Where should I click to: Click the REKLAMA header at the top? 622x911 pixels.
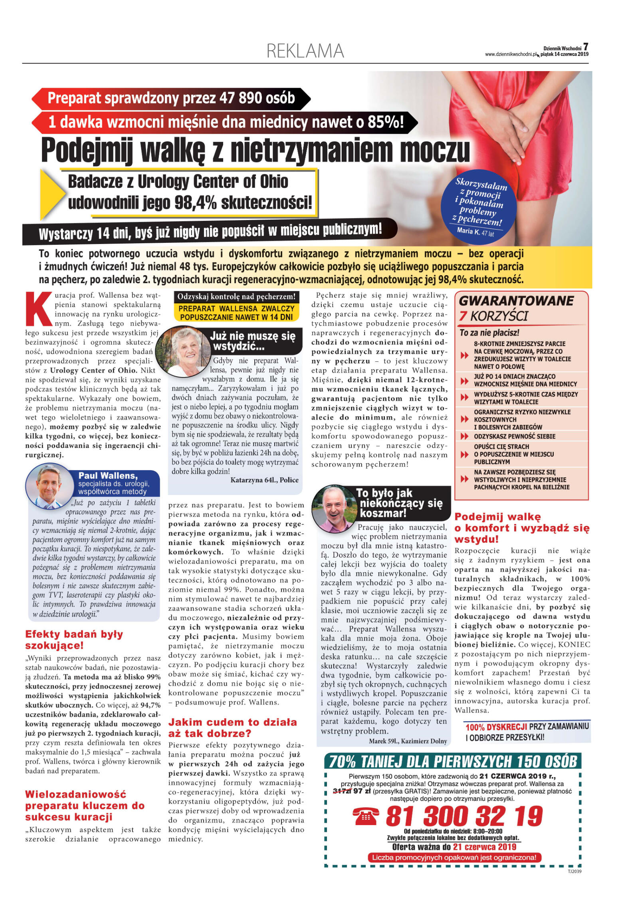(305, 51)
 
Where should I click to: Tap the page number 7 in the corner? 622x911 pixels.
(585, 47)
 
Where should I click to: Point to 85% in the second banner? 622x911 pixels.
(382, 122)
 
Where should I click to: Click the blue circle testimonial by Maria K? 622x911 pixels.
(479, 208)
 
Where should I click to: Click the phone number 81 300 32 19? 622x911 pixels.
(464, 816)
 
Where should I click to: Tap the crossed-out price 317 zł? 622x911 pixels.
(342, 791)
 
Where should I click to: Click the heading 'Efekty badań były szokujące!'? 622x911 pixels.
(74, 639)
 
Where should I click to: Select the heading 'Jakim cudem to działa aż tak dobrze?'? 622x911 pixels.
(232, 727)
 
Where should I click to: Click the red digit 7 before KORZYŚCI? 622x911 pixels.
(463, 316)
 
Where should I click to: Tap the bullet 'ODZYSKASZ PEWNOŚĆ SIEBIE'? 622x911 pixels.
(514, 436)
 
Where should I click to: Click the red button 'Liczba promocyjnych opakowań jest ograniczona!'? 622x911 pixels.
(454, 857)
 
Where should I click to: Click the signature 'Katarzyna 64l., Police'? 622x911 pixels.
(264, 480)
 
